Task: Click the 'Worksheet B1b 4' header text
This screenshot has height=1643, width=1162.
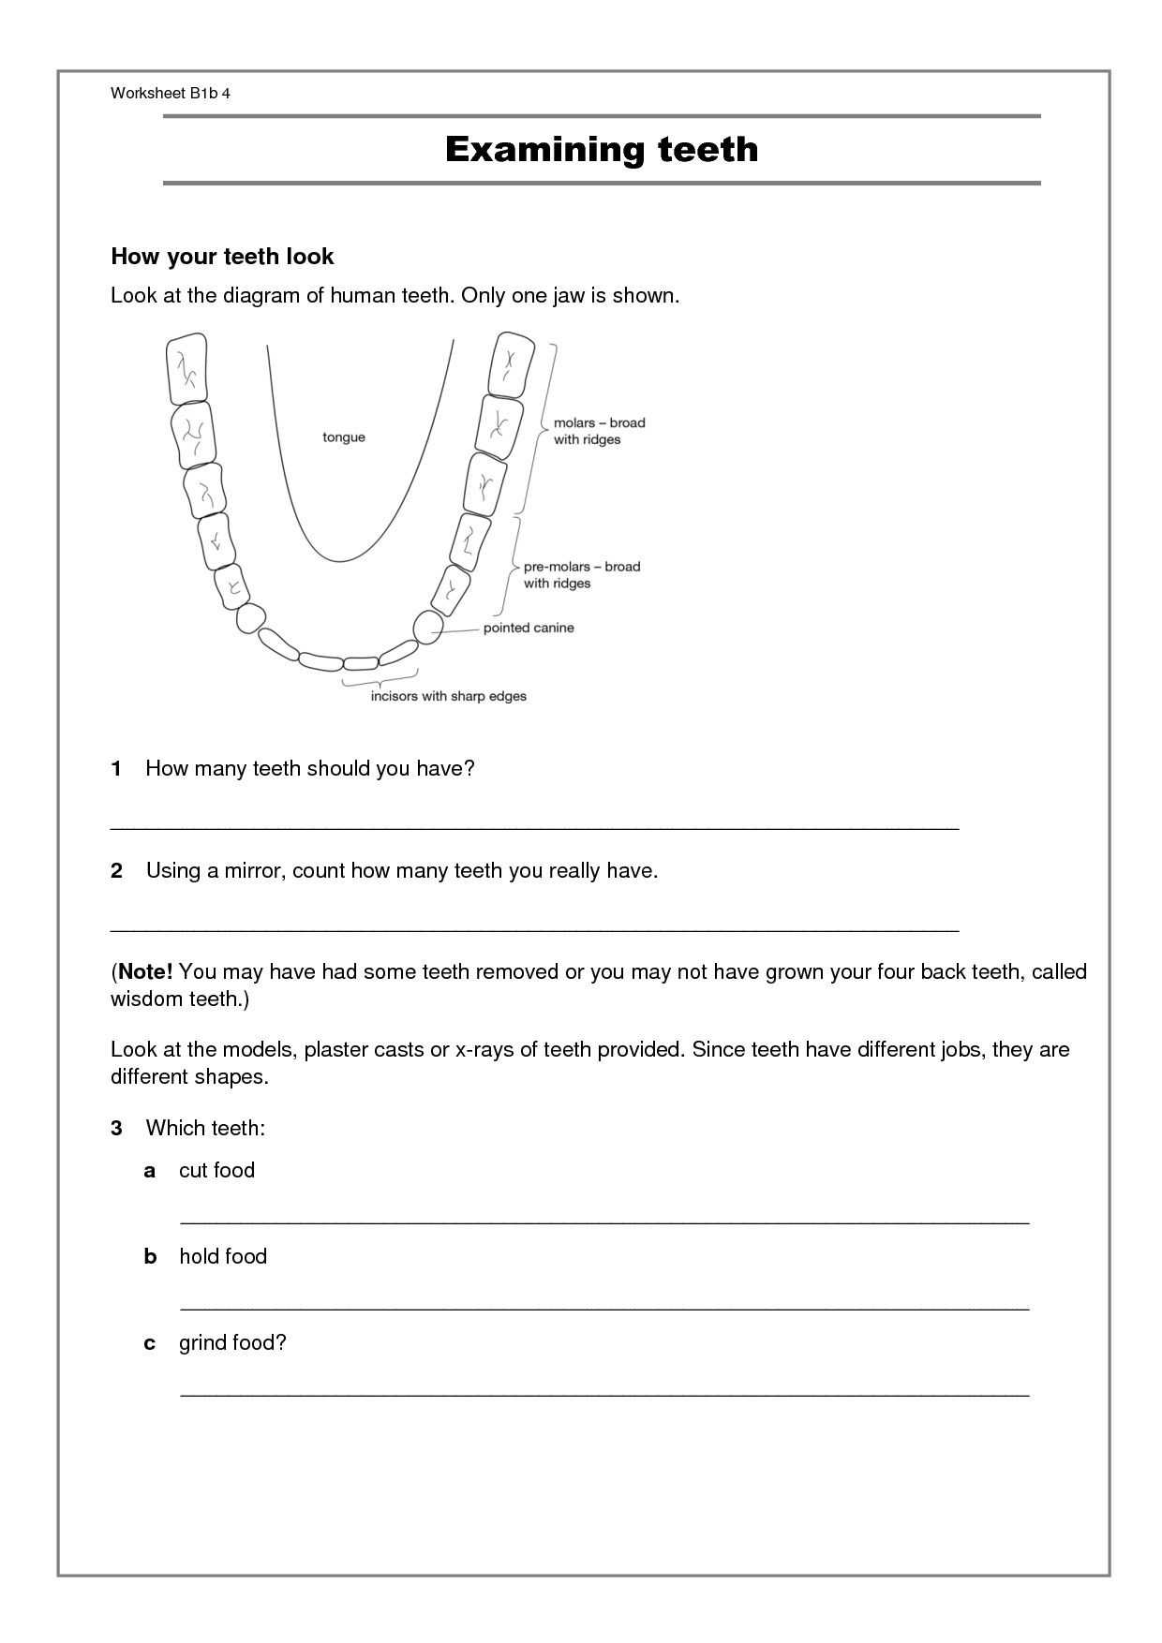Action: point(170,93)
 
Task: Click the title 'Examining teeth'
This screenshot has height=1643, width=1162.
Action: point(601,150)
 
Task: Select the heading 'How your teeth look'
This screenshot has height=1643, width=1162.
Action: point(222,257)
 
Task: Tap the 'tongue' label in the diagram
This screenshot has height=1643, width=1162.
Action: point(344,437)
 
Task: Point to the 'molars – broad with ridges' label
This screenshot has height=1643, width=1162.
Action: point(599,431)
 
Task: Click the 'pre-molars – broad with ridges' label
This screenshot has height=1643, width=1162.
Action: point(581,574)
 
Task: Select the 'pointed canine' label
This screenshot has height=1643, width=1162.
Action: point(529,628)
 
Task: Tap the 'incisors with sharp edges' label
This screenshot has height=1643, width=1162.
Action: point(448,696)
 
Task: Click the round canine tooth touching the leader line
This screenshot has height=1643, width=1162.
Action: point(428,627)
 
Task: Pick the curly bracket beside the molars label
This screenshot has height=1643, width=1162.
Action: point(546,428)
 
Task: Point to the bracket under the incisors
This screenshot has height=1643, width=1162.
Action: point(380,676)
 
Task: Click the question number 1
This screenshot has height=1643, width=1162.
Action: point(116,769)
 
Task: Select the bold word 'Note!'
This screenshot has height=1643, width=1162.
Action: point(145,971)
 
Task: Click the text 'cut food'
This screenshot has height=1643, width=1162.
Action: point(216,1170)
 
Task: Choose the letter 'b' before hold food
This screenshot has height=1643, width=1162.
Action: point(150,1256)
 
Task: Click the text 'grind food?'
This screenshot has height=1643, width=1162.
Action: point(232,1342)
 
